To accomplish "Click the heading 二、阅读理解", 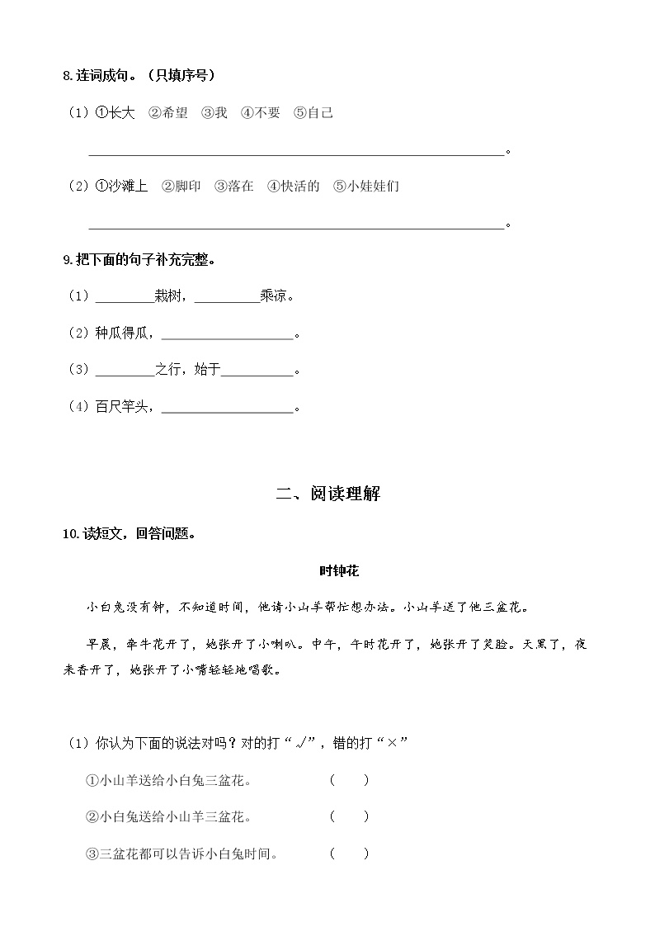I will click(327, 494).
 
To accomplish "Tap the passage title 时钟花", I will click(338, 570).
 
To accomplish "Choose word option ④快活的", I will click(294, 187).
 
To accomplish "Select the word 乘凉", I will click(274, 296).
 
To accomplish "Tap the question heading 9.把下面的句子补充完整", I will click(139, 260).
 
